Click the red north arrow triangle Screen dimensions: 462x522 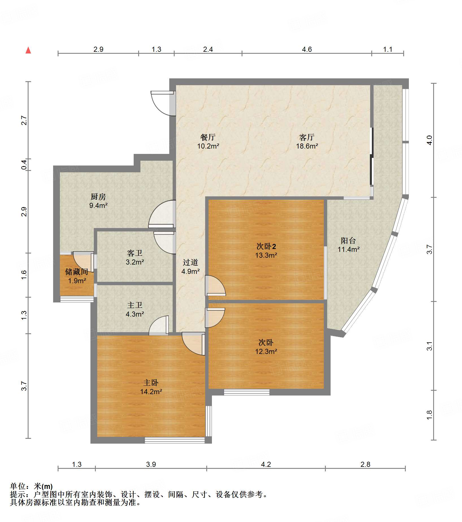point(28,50)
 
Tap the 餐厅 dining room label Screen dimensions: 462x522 point(208,137)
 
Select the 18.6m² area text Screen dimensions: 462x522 point(307,146)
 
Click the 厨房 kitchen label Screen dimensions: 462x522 point(98,197)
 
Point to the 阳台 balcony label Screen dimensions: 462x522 point(348,240)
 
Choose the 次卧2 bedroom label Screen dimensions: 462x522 point(266,246)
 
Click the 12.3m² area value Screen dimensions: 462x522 point(266,351)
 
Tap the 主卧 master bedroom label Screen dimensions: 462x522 point(151,383)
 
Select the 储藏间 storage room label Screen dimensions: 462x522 point(77,272)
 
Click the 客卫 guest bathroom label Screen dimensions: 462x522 point(135,253)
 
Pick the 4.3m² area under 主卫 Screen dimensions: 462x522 point(135,314)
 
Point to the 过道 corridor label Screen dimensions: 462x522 point(190,262)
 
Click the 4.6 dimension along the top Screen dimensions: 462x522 point(307,50)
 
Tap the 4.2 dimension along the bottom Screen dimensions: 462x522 point(266,464)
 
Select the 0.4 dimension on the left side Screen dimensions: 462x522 point(24,165)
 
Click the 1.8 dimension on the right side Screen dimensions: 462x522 point(429,415)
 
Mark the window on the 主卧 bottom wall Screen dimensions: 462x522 point(175,440)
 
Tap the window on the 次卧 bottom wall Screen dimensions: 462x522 point(247,392)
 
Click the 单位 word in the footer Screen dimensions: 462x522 point(18,486)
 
